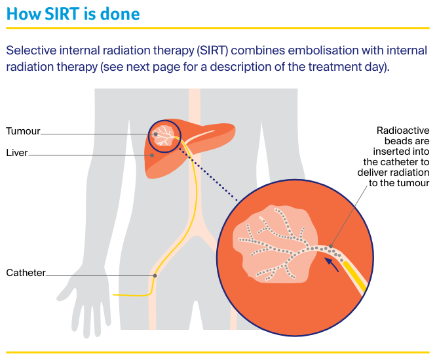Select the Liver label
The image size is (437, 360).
[16, 153]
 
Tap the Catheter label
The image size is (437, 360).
[26, 273]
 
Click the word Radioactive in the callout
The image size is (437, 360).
[404, 130]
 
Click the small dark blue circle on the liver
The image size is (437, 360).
[164, 136]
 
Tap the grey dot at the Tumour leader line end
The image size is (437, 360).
[155, 134]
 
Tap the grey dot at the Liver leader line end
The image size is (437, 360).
[152, 155]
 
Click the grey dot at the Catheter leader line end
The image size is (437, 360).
[154, 275]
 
